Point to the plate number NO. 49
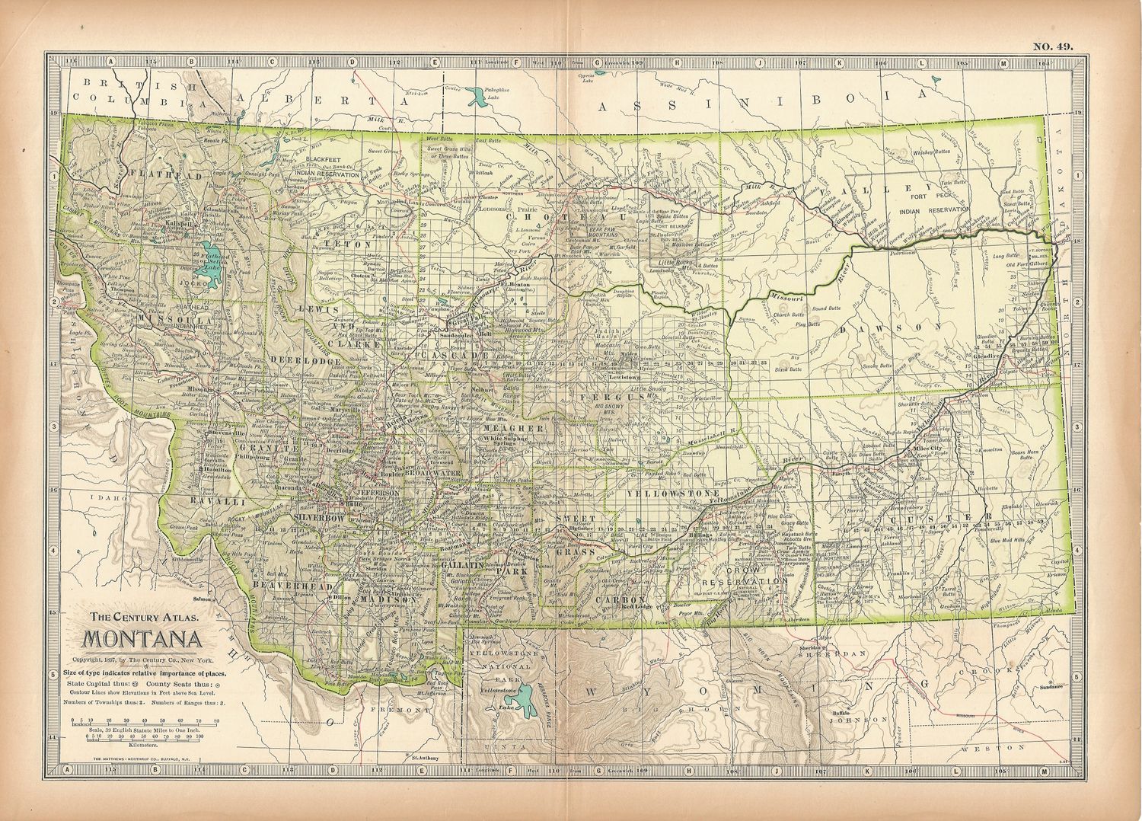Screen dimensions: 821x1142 (x=1053, y=47)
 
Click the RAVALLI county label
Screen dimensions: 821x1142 (x=208, y=502)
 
